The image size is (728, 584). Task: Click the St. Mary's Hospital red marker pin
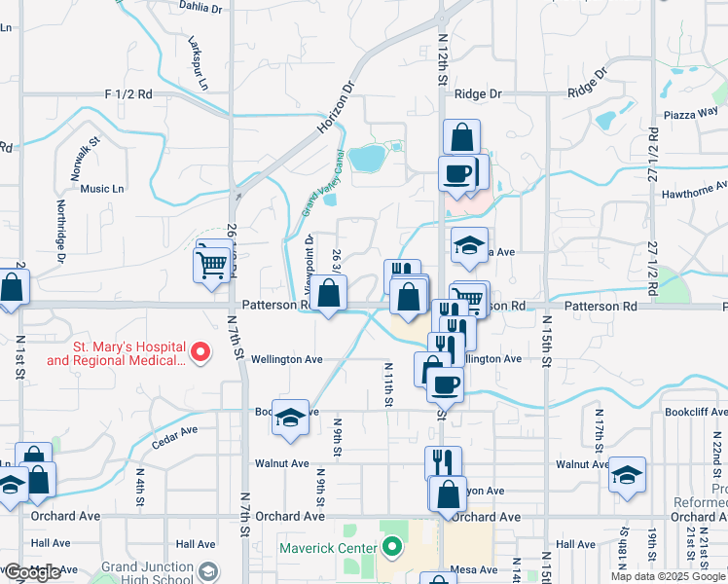click(200, 351)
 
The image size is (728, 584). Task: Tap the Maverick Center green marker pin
click(392, 548)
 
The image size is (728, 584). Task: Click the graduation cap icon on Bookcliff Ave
click(290, 417)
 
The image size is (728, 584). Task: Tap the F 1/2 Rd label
click(128, 94)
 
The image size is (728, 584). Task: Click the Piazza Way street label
click(690, 112)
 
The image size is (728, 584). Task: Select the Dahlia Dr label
click(200, 6)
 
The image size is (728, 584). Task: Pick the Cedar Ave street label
click(175, 437)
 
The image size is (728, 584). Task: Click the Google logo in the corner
click(32, 572)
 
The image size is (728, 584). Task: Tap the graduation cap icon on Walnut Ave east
click(628, 475)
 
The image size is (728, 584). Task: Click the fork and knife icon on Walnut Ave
click(443, 460)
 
